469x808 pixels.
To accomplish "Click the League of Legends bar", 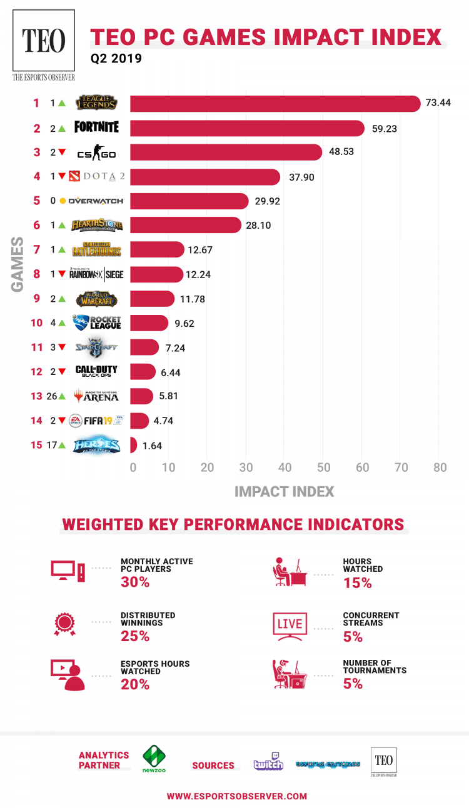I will coord(275,104).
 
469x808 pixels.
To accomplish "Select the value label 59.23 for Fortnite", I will coord(385,129).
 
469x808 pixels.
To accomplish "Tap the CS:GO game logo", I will coord(96,153).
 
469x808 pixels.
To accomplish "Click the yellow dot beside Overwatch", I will coord(63,201).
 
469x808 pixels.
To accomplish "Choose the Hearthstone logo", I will coord(96,226).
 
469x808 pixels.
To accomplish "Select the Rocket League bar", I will coord(149,323).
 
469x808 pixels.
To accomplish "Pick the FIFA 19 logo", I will coord(96,421).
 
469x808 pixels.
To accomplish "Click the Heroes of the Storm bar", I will coord(133,445).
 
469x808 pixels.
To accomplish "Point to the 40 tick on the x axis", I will coord(285,467).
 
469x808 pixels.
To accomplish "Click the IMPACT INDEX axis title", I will coord(284,492).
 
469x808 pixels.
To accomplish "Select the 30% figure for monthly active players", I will coord(135,582).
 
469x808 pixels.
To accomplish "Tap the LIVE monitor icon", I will coord(289,624).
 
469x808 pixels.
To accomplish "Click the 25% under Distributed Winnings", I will coord(135,636).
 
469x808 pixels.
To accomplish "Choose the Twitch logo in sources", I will coord(268,763).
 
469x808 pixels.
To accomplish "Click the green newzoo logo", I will coord(154,759).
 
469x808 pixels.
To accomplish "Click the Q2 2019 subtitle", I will coord(116,59).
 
